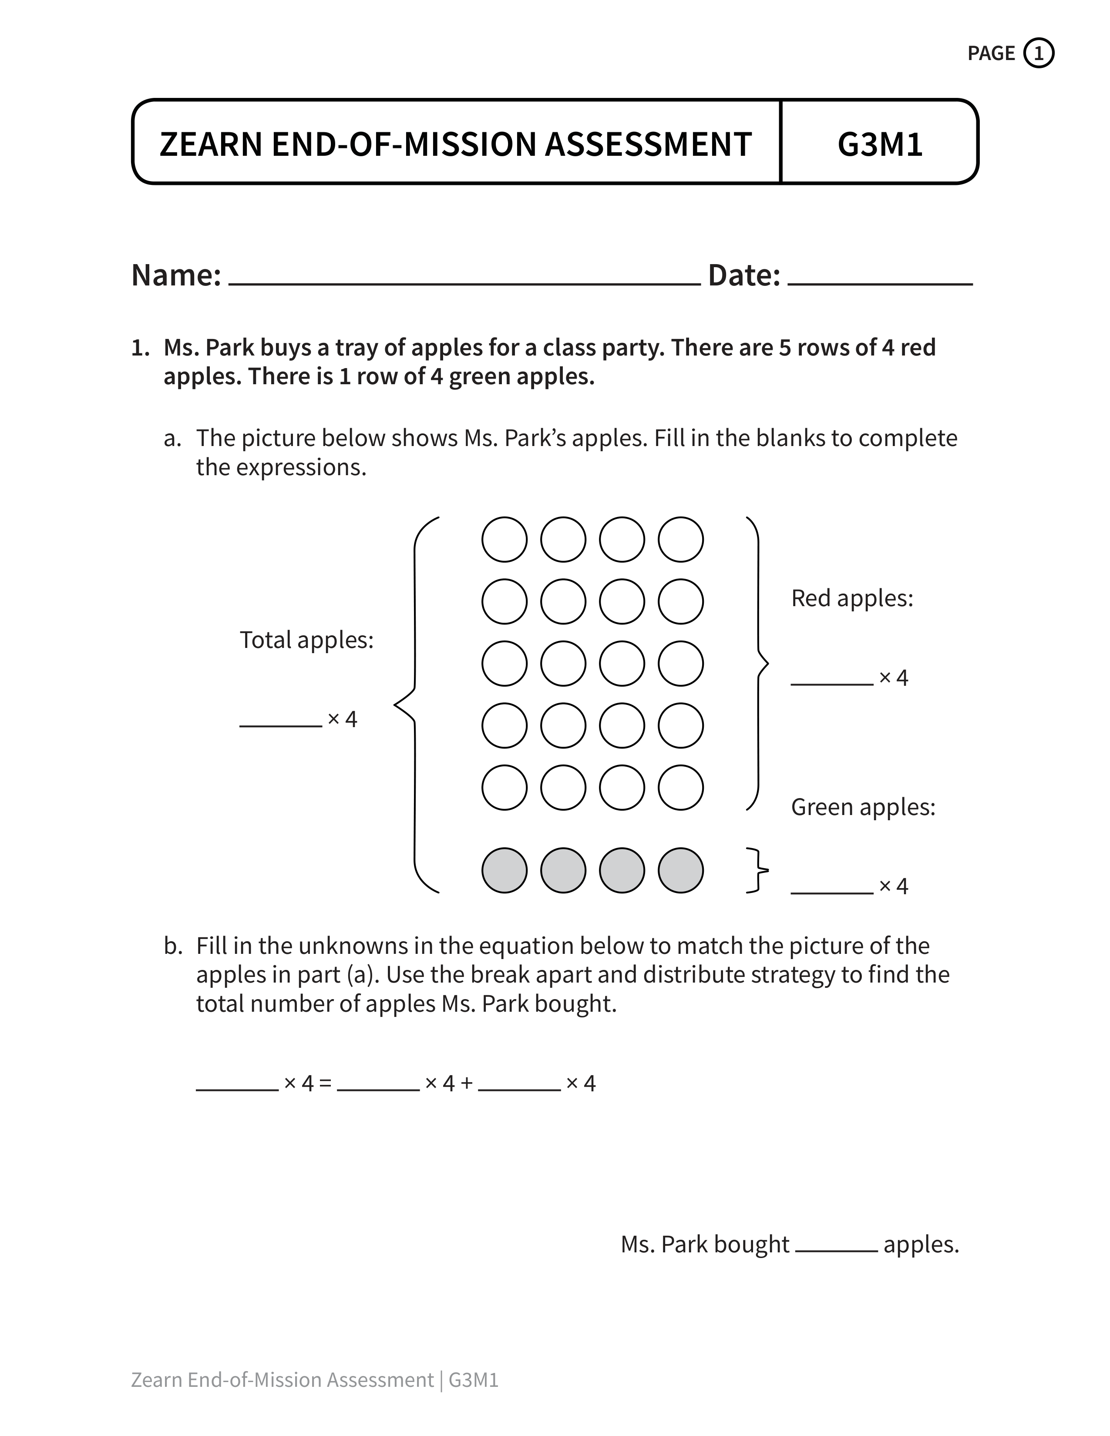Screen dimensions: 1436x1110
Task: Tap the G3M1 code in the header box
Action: [880, 144]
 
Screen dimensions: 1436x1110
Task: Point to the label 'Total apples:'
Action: [306, 640]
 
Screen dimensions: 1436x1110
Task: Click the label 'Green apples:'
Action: [863, 807]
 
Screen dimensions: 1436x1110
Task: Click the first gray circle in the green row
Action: [505, 871]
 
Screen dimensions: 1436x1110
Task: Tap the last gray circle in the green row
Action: [681, 871]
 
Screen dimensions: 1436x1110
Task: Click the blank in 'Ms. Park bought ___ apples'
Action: [836, 1249]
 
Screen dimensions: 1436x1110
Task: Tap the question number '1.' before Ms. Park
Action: [141, 348]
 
